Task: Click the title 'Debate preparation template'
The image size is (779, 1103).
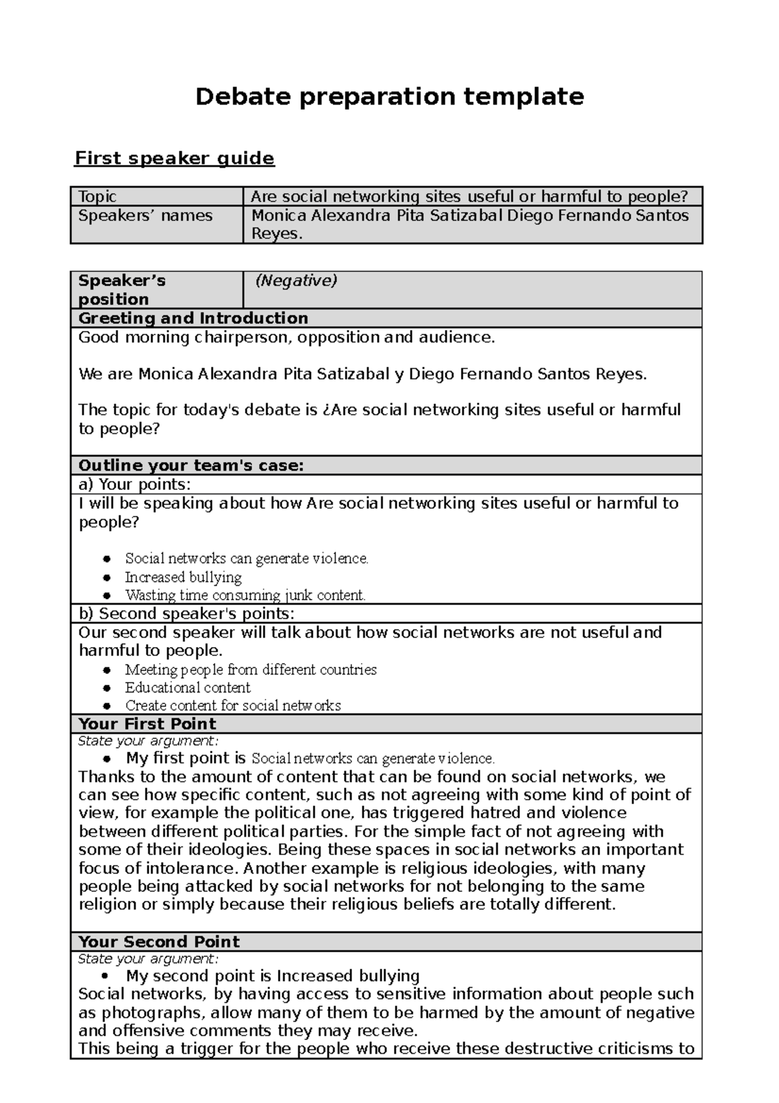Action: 389,97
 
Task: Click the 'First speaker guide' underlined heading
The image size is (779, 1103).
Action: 175,158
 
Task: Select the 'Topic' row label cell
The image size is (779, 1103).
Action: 97,196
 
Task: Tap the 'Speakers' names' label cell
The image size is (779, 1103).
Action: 145,216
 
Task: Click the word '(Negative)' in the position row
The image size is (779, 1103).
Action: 296,281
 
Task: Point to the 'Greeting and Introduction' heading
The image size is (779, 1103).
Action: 193,318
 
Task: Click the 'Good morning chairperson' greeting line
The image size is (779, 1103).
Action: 286,337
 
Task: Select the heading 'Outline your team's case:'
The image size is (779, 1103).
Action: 191,466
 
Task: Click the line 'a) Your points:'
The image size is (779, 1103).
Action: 134,485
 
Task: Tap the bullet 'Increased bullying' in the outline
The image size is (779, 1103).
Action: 183,577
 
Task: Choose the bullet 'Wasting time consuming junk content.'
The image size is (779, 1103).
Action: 245,595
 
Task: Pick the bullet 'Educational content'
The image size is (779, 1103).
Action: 188,687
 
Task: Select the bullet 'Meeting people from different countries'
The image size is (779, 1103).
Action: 251,669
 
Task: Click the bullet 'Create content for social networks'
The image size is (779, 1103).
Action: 232,705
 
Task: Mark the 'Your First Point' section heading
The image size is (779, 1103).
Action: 147,724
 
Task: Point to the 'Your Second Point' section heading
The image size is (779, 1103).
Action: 158,942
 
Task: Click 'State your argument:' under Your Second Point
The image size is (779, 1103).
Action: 148,959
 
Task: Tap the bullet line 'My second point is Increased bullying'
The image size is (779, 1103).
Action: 273,976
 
